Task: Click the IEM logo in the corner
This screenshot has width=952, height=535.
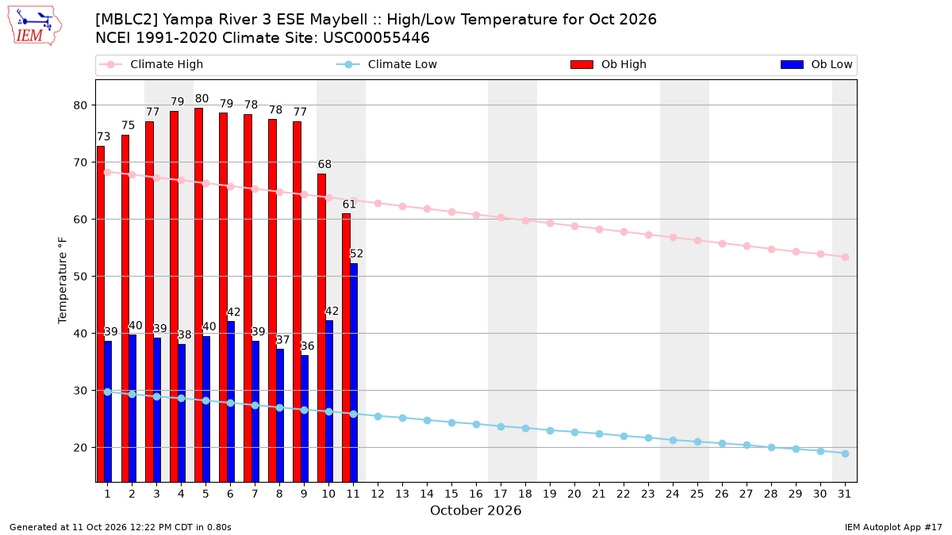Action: [35, 26]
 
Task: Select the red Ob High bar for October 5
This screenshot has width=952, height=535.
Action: [198, 295]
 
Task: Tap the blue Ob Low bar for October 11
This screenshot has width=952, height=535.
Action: [354, 373]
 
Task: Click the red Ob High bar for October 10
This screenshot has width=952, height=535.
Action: [322, 328]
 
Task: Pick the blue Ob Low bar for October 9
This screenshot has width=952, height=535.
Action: [305, 418]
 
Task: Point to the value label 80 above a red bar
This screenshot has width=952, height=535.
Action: [202, 98]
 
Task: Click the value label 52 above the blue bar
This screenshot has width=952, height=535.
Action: [356, 254]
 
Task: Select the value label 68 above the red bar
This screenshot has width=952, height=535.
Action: [324, 164]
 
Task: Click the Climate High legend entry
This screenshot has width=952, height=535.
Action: [151, 64]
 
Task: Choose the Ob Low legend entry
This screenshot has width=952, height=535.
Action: [816, 64]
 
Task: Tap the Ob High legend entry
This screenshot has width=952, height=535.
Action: [608, 64]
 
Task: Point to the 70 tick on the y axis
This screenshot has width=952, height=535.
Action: [80, 162]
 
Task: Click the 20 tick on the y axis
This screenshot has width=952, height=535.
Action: [80, 448]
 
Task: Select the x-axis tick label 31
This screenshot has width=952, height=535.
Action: [844, 494]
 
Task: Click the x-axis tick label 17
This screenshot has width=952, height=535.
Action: [501, 494]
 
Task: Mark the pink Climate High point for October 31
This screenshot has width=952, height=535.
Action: [845, 257]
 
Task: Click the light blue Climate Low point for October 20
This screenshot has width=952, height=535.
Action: [574, 432]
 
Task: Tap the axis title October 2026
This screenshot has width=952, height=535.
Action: [475, 510]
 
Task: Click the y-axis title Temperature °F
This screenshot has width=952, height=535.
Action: [63, 281]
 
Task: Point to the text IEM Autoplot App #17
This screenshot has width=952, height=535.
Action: [893, 527]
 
